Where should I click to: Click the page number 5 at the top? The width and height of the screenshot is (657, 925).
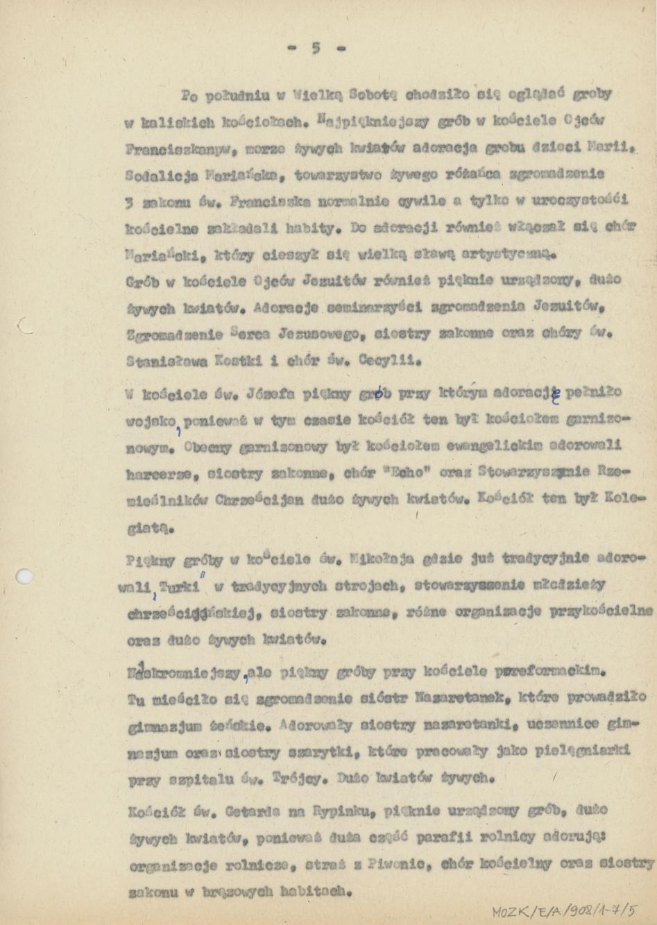316,48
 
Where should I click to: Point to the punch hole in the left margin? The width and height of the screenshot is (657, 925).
24,575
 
